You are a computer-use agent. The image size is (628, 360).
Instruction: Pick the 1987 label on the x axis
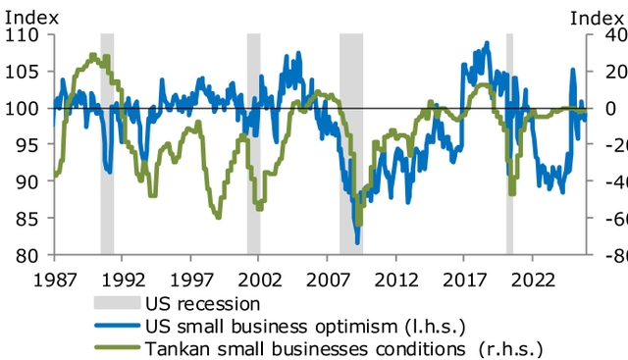point(54,279)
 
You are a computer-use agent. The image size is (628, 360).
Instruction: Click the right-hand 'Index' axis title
point(599,16)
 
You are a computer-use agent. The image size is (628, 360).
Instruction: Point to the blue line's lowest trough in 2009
point(357,242)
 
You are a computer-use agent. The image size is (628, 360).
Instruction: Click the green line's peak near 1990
point(93,56)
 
